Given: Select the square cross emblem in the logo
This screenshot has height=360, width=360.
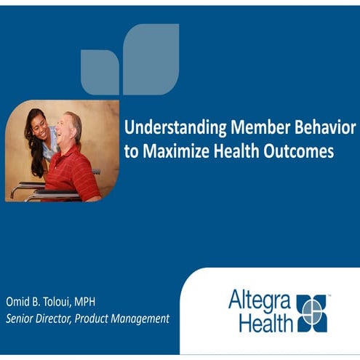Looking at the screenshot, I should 312,311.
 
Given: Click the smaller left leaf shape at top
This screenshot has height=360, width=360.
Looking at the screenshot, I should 100,73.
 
